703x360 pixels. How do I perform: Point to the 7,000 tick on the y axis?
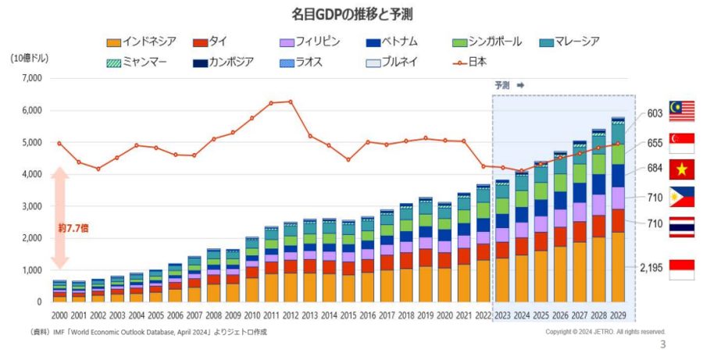click(30, 78)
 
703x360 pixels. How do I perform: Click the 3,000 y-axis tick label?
click(30, 206)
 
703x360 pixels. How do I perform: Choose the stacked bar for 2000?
click(59, 290)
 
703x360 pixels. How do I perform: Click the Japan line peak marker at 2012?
click(291, 102)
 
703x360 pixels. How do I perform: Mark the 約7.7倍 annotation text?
click(73, 228)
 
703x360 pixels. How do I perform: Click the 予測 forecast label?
click(501, 85)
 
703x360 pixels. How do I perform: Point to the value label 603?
click(655, 114)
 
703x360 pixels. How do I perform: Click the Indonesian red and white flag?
click(681, 269)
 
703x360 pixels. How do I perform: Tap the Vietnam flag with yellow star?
click(681, 169)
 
